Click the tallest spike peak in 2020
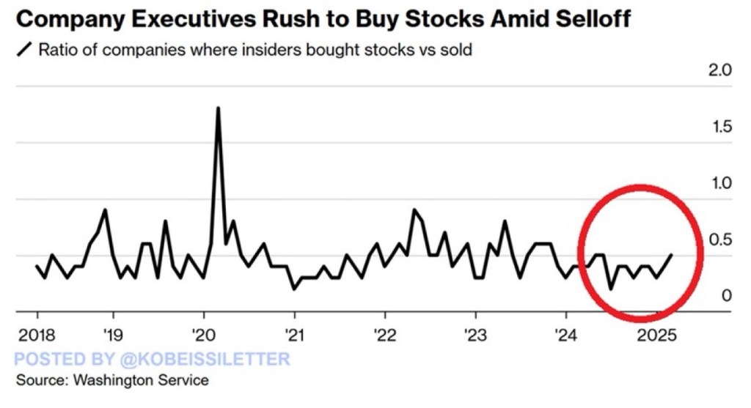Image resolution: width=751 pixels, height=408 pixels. [x=218, y=108]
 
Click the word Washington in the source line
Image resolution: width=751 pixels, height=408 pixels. [x=103, y=380]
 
